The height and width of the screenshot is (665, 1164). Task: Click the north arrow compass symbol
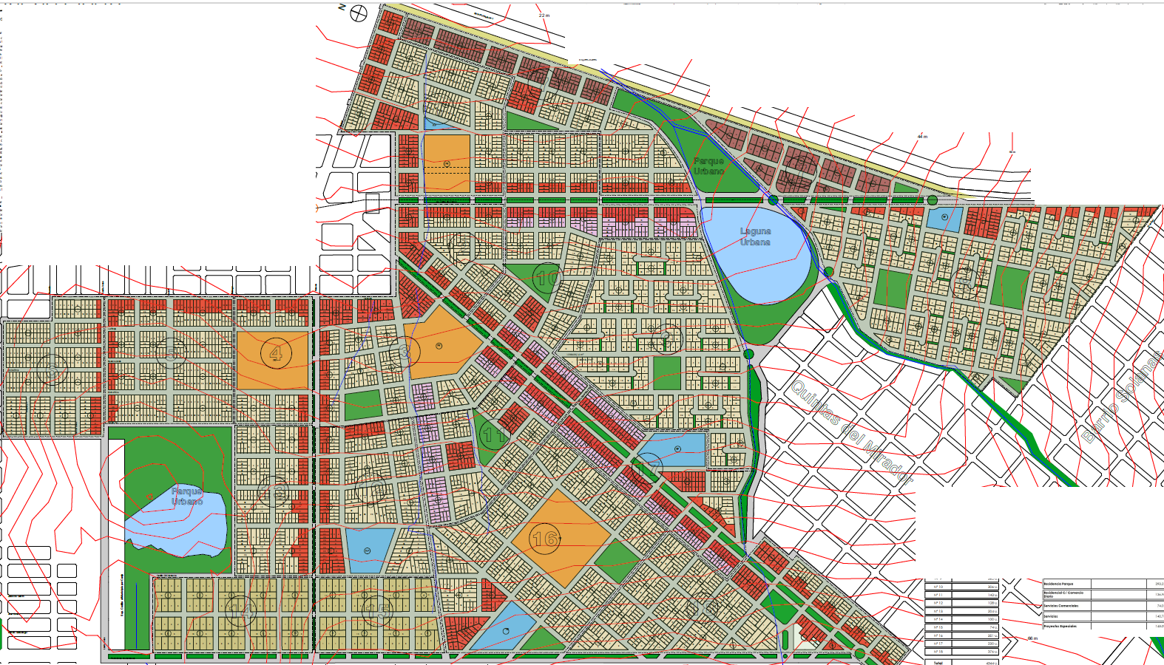tap(359, 12)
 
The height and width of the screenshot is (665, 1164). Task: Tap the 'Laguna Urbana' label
tap(755, 236)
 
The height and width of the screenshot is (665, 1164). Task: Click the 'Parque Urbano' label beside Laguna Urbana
tap(708, 166)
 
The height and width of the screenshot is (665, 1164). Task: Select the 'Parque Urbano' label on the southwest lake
tap(187, 496)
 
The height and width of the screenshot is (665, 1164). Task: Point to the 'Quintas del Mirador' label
tap(851, 432)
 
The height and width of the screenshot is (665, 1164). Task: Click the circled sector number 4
tap(276, 353)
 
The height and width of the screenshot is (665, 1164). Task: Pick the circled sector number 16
tap(544, 539)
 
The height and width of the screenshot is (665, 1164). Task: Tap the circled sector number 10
tap(547, 279)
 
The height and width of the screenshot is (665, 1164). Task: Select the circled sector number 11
tap(494, 435)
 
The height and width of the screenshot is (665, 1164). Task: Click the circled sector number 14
tap(240, 610)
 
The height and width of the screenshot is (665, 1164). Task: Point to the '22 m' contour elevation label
tap(544, 16)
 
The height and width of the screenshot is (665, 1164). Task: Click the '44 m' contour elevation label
tap(922, 137)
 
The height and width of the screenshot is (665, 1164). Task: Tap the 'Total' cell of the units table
tap(938, 663)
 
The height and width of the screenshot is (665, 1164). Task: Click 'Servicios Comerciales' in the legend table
tap(1060, 606)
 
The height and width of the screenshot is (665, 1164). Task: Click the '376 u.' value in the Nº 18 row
tap(991, 652)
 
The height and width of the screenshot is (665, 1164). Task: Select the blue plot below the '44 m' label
tap(944, 218)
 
